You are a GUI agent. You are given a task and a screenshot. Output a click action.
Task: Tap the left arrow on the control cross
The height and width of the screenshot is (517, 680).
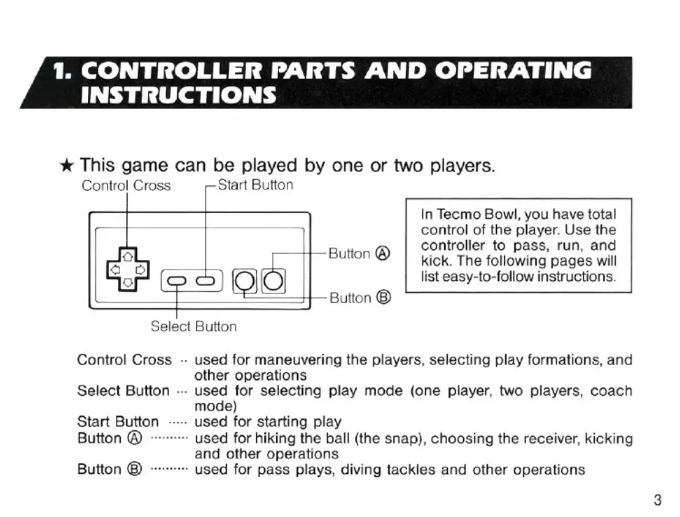pos(115,270)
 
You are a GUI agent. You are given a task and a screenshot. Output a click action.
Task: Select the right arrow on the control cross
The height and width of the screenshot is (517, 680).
pos(140,270)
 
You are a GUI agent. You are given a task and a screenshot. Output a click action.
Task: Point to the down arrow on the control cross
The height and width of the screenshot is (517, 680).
pos(127,282)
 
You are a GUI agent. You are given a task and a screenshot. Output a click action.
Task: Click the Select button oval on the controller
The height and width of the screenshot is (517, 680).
pos(176,281)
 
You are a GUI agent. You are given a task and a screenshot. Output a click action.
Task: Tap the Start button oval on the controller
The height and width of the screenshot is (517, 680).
pos(206,281)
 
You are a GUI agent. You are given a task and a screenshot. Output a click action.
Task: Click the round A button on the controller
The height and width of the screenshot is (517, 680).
pos(273,281)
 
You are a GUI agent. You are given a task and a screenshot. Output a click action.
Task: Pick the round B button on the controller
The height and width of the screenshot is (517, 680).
pos(244,281)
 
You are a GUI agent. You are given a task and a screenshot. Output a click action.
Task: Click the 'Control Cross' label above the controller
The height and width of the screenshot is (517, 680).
pos(126,186)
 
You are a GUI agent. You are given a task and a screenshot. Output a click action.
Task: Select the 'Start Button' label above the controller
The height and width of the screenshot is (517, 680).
pos(256,185)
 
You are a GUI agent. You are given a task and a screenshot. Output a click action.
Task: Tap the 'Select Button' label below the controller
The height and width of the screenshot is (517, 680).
pos(194,327)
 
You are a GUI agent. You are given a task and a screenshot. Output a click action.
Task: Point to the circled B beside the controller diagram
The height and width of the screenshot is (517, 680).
pos(384,298)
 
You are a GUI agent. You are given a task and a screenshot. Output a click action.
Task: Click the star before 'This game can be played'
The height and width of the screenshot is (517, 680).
pos(67,165)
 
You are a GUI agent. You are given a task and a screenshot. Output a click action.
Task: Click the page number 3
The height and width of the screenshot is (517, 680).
pos(658,500)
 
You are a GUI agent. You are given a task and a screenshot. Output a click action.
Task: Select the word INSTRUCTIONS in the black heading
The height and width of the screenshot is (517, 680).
pos(179,95)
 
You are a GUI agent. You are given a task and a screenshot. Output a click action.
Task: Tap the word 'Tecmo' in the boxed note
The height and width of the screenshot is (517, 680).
pos(459,214)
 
